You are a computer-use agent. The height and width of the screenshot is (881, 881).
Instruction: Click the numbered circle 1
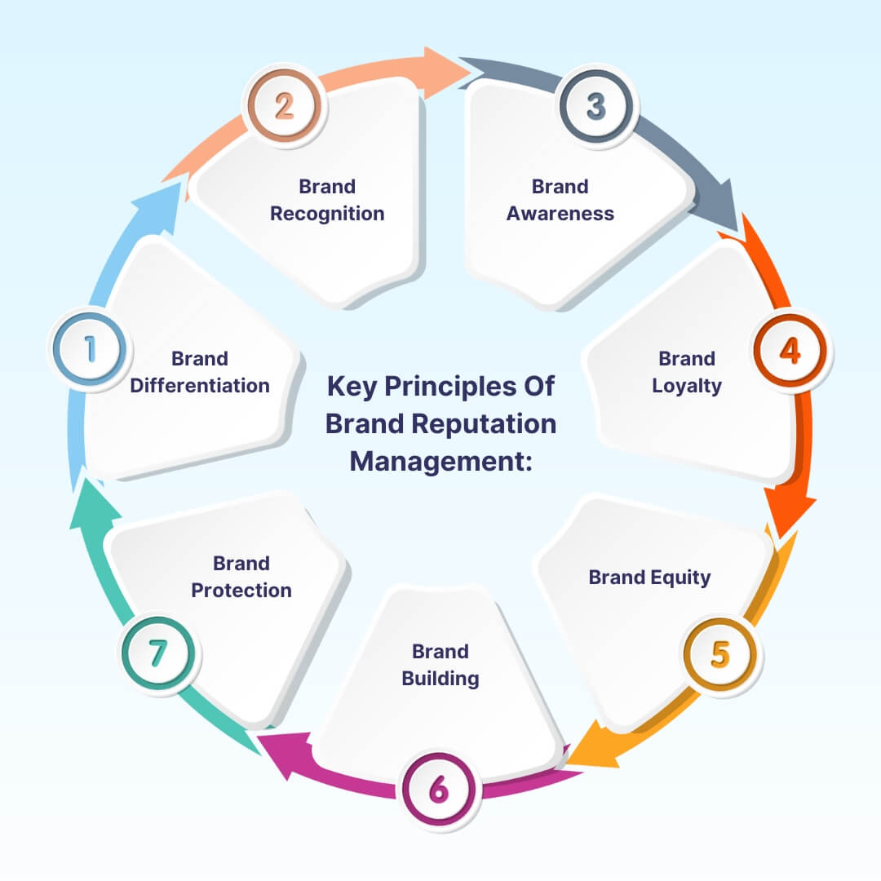[90, 349]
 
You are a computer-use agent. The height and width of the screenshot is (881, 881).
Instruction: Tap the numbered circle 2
[284, 107]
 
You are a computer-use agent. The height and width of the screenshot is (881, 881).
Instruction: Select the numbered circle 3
[596, 107]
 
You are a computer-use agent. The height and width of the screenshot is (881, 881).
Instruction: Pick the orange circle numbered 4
[790, 350]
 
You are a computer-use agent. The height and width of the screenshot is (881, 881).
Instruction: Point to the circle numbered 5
[720, 654]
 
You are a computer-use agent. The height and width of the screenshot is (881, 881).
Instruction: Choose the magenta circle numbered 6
[439, 790]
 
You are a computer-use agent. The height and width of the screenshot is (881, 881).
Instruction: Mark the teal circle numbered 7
[158, 654]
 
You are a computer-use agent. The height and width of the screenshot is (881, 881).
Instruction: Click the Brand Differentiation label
[200, 372]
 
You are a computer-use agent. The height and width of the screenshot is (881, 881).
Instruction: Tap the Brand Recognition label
[327, 200]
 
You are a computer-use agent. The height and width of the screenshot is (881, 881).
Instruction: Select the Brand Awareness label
[560, 200]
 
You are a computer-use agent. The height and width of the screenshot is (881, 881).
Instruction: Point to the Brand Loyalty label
[687, 372]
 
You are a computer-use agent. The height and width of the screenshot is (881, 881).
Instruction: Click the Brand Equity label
[649, 578]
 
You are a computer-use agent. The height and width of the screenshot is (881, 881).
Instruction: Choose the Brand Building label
[440, 665]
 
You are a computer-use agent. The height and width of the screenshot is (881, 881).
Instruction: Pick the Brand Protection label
[241, 577]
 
